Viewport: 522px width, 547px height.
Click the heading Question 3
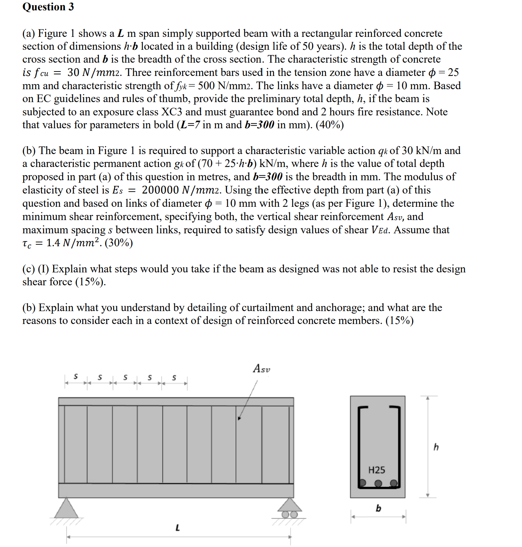48,7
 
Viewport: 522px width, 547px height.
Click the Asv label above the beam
261,369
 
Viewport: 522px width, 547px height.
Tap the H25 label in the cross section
376,470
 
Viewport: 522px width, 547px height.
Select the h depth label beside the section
436,447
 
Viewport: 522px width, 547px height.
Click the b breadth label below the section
378,508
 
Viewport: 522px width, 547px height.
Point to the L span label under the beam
178,528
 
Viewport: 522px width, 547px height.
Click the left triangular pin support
66,508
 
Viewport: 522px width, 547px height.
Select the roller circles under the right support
289,515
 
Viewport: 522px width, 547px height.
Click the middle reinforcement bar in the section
378,483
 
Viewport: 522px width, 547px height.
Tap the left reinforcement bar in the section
362,482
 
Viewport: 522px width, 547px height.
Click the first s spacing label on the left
76,377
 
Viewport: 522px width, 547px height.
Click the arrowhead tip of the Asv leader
239,419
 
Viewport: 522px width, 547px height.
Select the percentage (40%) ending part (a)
330,125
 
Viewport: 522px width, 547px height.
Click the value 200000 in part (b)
160,190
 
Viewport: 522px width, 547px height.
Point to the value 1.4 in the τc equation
53,243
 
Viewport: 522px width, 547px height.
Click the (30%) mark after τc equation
119,243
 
